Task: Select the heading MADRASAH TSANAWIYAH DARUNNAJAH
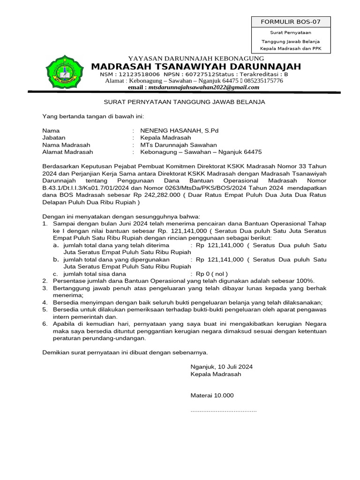196,66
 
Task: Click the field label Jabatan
54,138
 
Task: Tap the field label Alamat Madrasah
67,152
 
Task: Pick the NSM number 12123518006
140,75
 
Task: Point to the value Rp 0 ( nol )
211,273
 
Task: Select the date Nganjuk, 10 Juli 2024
221,367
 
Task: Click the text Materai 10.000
211,395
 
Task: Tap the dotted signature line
223,411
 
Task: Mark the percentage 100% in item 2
306,280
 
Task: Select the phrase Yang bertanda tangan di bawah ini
93,116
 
